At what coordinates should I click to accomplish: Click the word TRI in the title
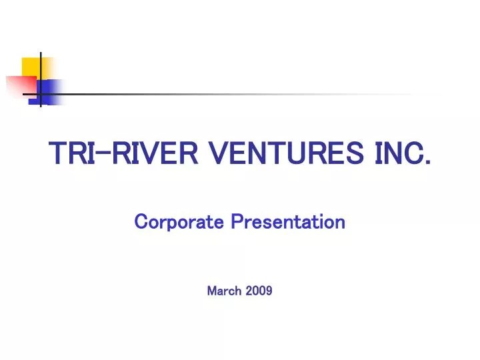click(x=71, y=154)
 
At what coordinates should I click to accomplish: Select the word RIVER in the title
click(x=154, y=154)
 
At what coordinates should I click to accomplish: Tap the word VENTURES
click(x=283, y=154)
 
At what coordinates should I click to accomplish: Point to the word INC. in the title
click(x=399, y=154)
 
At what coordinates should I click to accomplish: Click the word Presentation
click(x=288, y=221)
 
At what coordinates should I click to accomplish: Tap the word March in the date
click(x=224, y=291)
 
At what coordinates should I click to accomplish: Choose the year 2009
click(x=259, y=291)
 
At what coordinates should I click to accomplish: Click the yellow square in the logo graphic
click(x=35, y=68)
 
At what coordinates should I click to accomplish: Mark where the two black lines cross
click(x=41, y=94)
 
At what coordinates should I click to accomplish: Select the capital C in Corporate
click(x=141, y=221)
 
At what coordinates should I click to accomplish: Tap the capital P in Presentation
click(x=236, y=221)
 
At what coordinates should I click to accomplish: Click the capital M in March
click(x=212, y=291)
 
